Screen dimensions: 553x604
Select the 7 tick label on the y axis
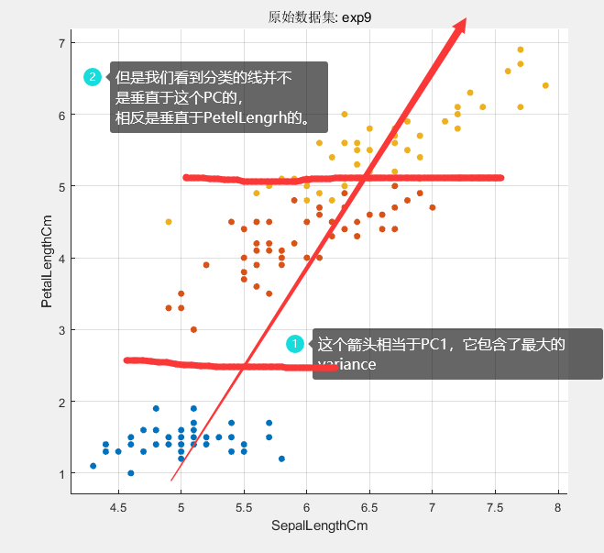pos(60,43)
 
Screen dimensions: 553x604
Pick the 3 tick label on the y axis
pos(60,330)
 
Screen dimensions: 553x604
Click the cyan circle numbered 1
pos(295,344)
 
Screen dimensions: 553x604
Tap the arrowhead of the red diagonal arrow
pos(460,26)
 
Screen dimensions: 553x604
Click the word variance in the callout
pos(346,365)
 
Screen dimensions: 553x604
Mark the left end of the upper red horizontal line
pos(186,177)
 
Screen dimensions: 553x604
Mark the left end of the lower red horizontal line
pos(126,360)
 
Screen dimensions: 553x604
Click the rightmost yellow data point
pos(545,85)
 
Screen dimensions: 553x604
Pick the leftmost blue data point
pos(93,466)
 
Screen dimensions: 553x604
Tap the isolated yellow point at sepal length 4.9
pos(169,222)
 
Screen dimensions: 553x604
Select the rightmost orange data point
pos(433,207)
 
